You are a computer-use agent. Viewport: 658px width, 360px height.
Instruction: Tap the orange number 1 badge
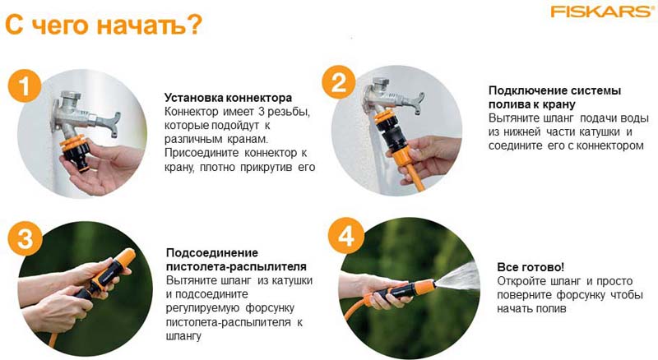tap(25, 86)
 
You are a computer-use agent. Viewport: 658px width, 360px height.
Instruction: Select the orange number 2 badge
tap(339, 82)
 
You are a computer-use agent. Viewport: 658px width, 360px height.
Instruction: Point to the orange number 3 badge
tap(25, 238)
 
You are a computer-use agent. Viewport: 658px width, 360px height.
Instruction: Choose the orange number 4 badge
tap(345, 235)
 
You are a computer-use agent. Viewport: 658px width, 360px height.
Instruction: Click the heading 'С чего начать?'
tap(104, 25)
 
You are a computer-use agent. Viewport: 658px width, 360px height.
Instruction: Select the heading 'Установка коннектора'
tap(228, 98)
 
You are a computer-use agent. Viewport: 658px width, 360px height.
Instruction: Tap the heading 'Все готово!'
tap(531, 267)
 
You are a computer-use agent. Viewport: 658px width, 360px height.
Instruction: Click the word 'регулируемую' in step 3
tap(202, 308)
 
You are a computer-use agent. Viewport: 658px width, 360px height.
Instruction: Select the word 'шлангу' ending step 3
tap(183, 336)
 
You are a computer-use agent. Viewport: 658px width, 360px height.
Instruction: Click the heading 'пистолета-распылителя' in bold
tap(236, 266)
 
